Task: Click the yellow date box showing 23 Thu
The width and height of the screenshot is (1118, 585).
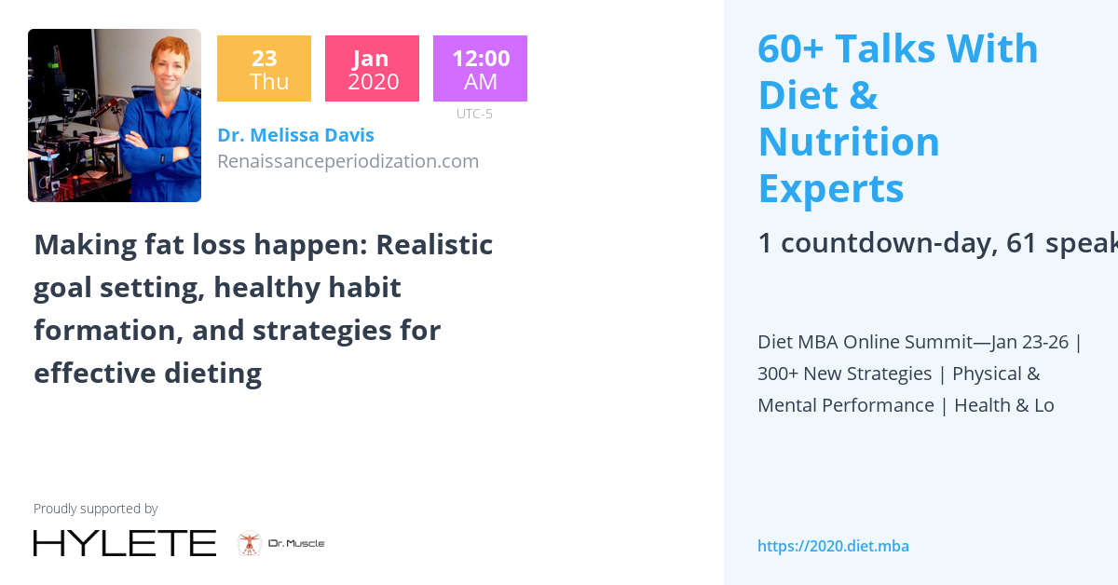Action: pyautogui.click(x=264, y=69)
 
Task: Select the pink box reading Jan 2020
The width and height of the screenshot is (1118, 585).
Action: pyautogui.click(x=372, y=69)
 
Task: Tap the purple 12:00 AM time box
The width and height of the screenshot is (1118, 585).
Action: pyautogui.click(x=480, y=69)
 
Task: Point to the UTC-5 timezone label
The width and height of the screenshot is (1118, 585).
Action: pyautogui.click(x=474, y=115)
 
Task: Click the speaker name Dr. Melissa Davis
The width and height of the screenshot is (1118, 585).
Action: pyautogui.click(x=295, y=135)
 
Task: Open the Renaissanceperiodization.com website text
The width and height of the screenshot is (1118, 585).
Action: pyautogui.click(x=348, y=161)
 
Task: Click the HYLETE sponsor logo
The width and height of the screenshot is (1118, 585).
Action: pyautogui.click(x=125, y=543)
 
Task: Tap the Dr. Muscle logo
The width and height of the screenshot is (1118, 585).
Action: pyautogui.click(x=280, y=543)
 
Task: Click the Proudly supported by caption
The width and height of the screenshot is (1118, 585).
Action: pyautogui.click(x=95, y=509)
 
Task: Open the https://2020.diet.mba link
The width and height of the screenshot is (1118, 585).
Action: pyautogui.click(x=833, y=546)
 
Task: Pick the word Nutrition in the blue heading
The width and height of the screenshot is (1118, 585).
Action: pyautogui.click(x=849, y=143)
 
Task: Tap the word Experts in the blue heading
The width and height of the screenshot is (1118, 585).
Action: pyautogui.click(x=831, y=189)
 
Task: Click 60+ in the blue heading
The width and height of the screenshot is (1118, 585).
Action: pyautogui.click(x=790, y=49)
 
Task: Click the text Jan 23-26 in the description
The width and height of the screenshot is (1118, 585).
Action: pyautogui.click(x=1029, y=342)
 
